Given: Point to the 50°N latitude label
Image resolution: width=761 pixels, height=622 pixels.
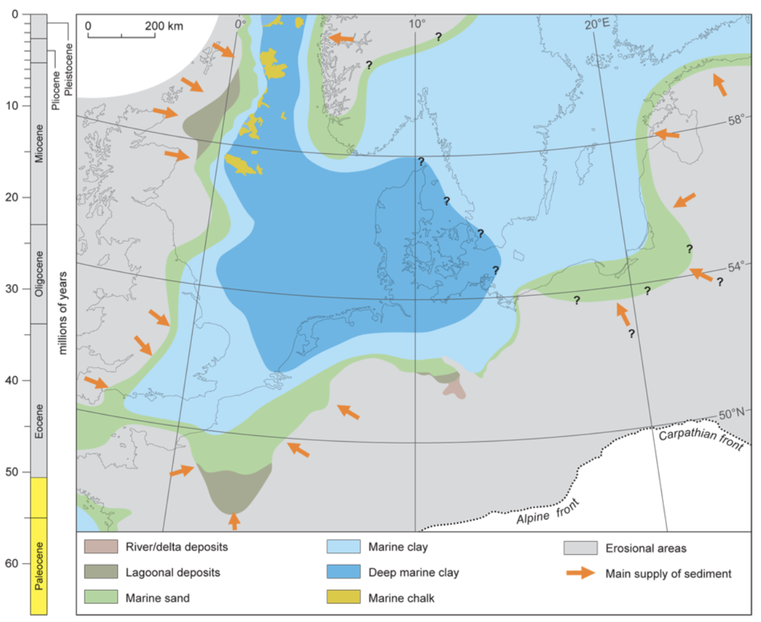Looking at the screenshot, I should coord(731,414).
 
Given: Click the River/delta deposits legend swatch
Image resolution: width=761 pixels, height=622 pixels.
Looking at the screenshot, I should coord(101,547).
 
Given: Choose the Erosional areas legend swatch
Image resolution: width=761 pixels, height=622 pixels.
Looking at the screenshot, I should coord(580,548).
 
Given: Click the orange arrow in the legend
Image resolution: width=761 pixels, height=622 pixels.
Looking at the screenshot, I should coord(580,573).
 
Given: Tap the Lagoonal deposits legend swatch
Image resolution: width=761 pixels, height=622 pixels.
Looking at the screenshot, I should coord(101,572).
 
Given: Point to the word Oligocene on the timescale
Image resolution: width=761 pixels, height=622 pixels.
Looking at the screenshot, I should coord(39,274).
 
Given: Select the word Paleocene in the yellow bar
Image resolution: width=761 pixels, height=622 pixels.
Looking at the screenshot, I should coord(39,566).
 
